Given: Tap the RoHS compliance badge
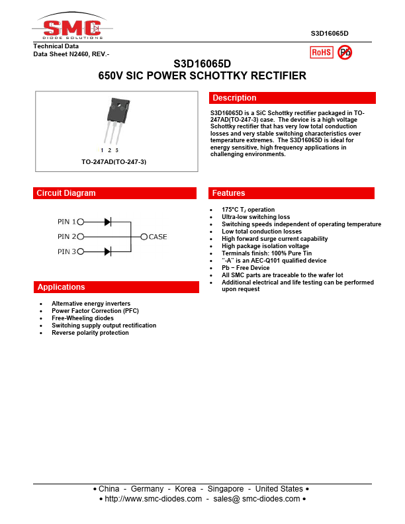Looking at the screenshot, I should click(322, 52).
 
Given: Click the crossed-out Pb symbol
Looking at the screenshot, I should click(345, 52).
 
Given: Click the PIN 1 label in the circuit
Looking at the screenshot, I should click(67, 222).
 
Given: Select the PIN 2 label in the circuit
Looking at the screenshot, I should click(67, 236).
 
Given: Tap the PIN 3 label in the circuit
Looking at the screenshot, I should click(67, 251).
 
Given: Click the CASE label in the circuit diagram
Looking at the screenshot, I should click(157, 236).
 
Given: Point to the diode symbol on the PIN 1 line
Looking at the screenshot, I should click(107, 222).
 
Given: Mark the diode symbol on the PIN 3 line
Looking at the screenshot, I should click(107, 251).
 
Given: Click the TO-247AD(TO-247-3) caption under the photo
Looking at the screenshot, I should click(114, 162).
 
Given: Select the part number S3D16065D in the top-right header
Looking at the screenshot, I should click(330, 33).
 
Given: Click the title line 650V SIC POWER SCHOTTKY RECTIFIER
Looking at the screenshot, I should click(202, 76).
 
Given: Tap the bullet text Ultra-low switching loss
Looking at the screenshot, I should click(255, 217).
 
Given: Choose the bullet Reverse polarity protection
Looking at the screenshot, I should click(90, 333).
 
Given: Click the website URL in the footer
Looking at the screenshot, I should click(153, 499).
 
